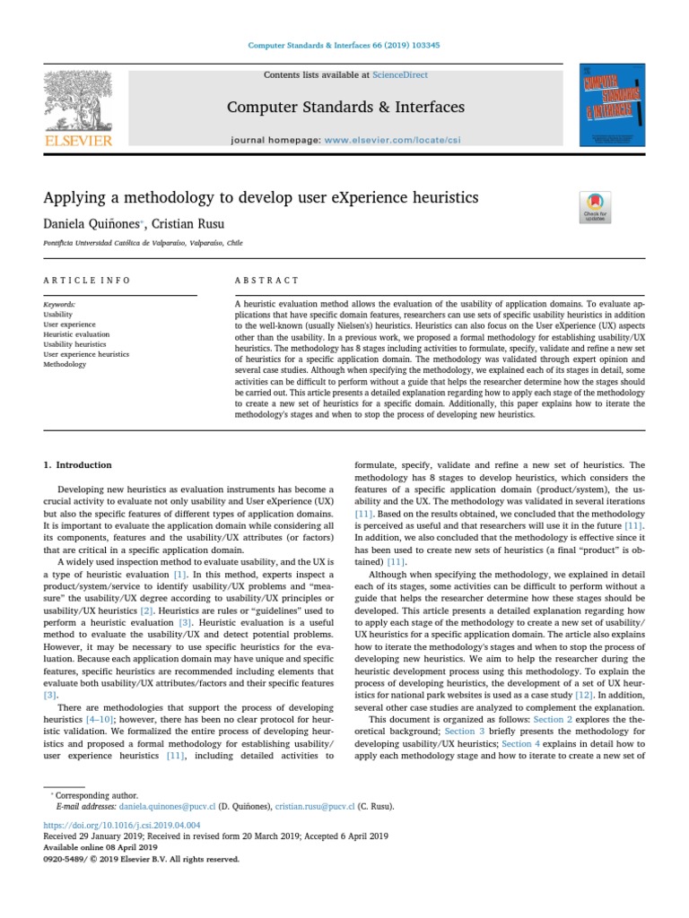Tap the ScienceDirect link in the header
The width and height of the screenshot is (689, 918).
point(402,76)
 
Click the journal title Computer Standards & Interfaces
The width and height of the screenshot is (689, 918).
point(345,108)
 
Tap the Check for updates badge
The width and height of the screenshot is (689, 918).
point(596,207)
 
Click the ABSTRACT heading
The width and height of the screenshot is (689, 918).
point(266,281)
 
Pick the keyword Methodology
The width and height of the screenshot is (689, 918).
point(66,365)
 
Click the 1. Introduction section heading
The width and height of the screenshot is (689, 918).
point(78,465)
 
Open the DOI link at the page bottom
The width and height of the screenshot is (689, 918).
point(122,824)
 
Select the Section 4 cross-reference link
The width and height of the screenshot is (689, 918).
point(520,718)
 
